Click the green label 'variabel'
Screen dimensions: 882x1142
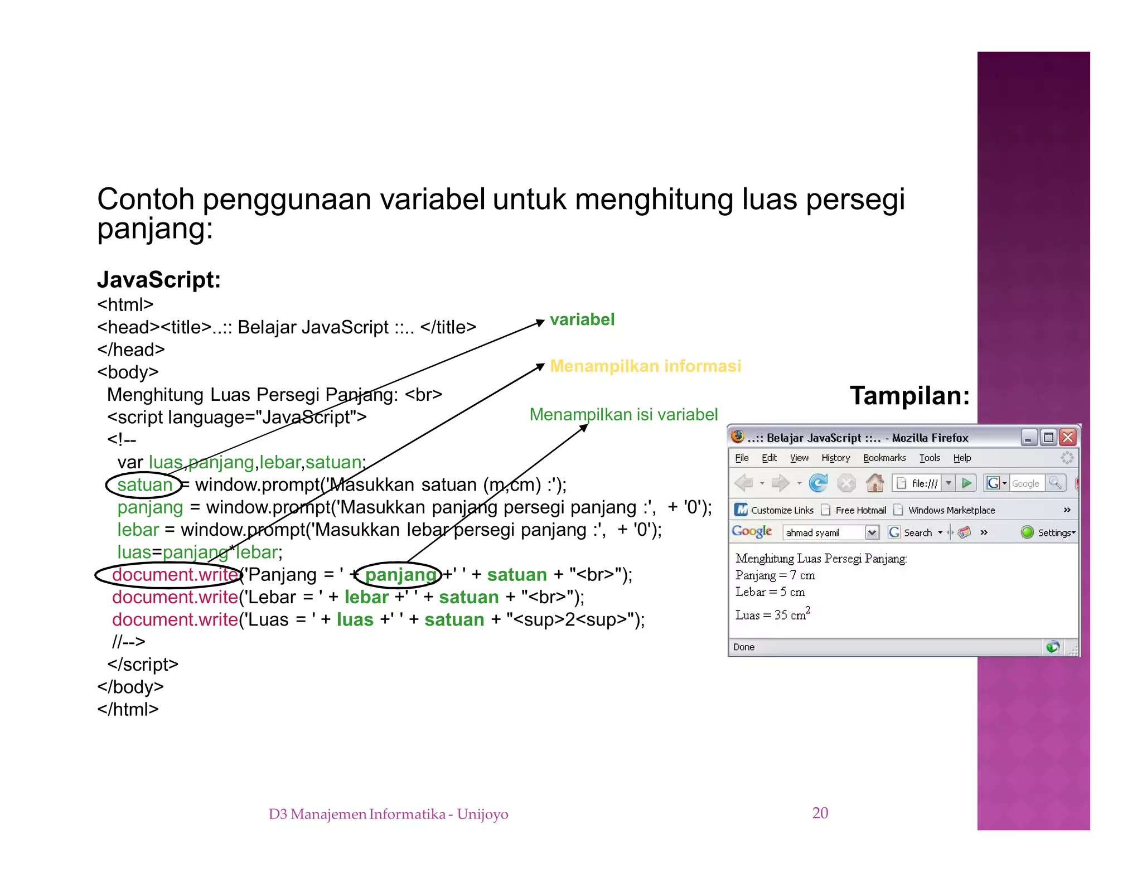point(582,319)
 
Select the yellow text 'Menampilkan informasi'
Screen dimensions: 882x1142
point(645,366)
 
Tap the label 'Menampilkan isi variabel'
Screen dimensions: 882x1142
point(623,414)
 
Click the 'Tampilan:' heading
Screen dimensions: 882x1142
point(909,396)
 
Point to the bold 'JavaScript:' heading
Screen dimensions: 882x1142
point(159,279)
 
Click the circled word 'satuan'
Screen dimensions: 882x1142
point(144,484)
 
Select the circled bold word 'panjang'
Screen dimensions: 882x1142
point(400,574)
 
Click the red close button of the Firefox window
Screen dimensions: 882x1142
point(1067,437)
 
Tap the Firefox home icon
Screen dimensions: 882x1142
point(874,483)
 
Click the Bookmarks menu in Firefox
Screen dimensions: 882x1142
point(884,458)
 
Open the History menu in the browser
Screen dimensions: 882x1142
point(835,458)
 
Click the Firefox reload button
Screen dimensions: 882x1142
point(818,483)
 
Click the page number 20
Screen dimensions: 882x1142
point(820,813)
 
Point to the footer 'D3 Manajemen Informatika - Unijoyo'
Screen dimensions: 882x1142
point(388,814)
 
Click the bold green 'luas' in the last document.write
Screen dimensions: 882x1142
point(355,619)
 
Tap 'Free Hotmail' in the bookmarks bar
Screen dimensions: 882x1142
point(860,510)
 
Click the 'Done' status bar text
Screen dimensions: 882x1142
point(744,647)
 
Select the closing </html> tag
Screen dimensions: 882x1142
point(128,709)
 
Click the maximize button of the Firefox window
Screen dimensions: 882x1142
point(1048,437)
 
